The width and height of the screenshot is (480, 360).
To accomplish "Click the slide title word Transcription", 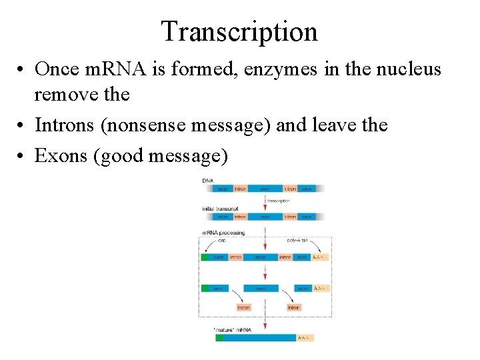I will [x=239, y=31].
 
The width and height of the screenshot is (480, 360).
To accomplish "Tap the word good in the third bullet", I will [x=128, y=157].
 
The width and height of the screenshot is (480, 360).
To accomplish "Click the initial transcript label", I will [x=220, y=209].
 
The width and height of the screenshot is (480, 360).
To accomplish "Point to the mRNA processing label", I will [x=223, y=233].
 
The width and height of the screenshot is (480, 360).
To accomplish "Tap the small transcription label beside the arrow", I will [x=279, y=200].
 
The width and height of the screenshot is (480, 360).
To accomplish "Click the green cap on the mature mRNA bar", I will [x=219, y=338].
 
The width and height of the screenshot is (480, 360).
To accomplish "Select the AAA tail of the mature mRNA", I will [x=305, y=338].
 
